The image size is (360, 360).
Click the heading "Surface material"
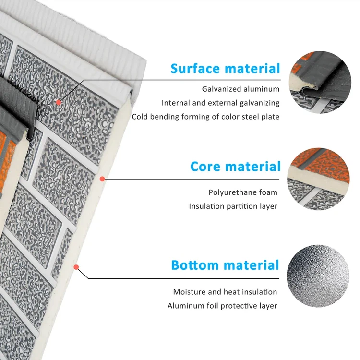(x=225, y=69)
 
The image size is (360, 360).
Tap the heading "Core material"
(x=235, y=167)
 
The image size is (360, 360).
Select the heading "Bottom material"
(x=225, y=265)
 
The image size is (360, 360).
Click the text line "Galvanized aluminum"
(x=240, y=89)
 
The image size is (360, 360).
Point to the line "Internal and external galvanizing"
(x=220, y=103)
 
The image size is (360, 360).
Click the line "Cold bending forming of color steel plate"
(x=205, y=117)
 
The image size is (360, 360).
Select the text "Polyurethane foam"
(x=243, y=192)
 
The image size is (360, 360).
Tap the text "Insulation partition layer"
(x=233, y=206)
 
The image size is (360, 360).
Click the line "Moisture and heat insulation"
(x=225, y=292)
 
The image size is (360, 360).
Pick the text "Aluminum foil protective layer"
(x=222, y=306)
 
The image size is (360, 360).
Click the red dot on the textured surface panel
(x=59, y=102)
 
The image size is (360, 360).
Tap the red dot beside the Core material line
(x=102, y=179)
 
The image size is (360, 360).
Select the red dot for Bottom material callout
(x=76, y=267)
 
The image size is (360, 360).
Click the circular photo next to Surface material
(x=320, y=82)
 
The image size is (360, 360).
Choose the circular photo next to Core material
(x=318, y=179)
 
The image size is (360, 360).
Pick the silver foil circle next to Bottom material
(x=318, y=276)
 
